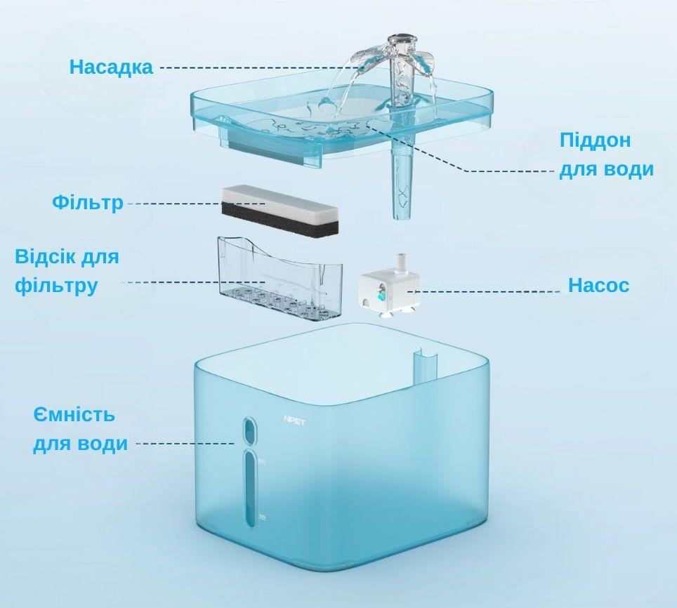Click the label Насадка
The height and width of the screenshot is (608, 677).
point(111,67)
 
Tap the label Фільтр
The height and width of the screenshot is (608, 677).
point(87,203)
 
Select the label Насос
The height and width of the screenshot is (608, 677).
point(598,286)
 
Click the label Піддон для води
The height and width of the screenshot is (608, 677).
point(606,154)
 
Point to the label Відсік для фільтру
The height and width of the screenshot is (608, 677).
point(66,271)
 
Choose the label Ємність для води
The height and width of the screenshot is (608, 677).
point(80,429)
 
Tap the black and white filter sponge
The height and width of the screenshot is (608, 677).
point(280,209)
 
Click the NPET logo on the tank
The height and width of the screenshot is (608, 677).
point(294,421)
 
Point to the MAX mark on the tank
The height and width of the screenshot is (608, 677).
point(261,461)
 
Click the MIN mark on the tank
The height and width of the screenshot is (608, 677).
point(262,517)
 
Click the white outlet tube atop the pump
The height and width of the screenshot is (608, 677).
point(402,263)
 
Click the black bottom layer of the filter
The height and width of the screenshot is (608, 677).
point(280,220)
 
